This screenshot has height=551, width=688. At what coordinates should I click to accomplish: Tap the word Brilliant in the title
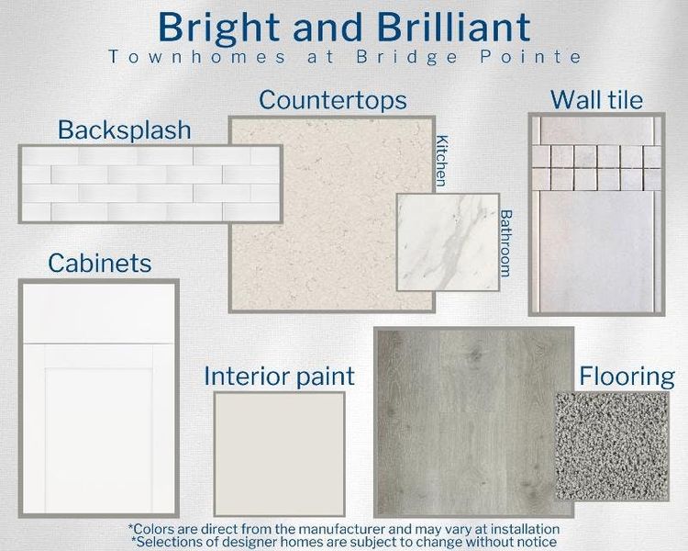click(x=445, y=28)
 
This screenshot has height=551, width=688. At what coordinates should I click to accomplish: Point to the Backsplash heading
click(x=125, y=129)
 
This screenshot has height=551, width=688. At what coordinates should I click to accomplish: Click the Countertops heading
click(x=332, y=99)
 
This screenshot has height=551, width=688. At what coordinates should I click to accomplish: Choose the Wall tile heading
click(x=596, y=99)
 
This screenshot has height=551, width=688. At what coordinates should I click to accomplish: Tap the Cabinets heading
click(x=99, y=264)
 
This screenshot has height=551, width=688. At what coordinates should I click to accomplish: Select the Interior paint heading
click(x=279, y=376)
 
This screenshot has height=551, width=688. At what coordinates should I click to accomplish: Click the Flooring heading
click(x=627, y=377)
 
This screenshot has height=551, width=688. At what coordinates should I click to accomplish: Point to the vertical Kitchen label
click(x=443, y=161)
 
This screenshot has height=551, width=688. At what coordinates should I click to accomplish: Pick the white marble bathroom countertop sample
click(x=448, y=242)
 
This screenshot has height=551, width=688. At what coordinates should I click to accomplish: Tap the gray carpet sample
click(x=612, y=434)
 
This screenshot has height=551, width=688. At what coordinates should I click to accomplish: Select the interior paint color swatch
click(x=279, y=453)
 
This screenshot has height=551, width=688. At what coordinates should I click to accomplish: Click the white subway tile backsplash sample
click(x=150, y=184)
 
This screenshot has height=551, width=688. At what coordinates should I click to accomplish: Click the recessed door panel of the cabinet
click(x=99, y=427)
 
